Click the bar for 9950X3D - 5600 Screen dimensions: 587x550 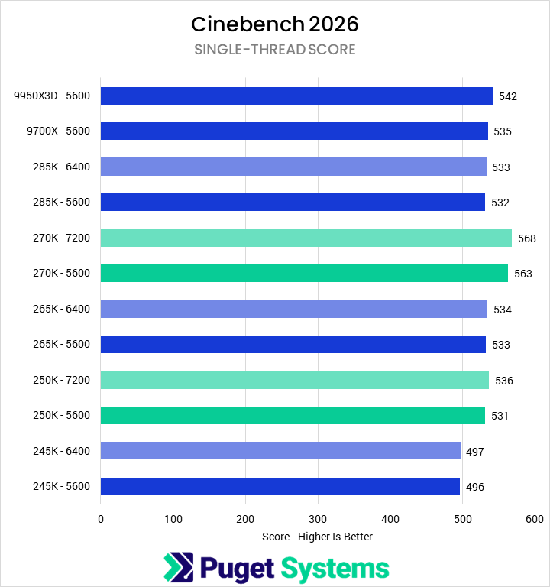tap(296, 96)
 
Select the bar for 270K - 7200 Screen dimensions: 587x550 tap(306, 238)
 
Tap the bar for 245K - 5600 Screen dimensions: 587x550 tap(280, 486)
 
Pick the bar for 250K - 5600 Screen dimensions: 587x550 tap(293, 415)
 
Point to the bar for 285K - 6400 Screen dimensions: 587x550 tap(293, 167)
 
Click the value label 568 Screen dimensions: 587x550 tap(526, 238)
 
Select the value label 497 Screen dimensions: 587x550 tap(474, 452)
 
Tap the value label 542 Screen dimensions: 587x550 tap(508, 96)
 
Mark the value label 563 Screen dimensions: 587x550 tap(523, 274)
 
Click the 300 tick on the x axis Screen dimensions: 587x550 tap(318, 519)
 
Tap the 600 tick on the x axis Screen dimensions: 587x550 tap(535, 519)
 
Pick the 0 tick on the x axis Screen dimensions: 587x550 tap(101, 519)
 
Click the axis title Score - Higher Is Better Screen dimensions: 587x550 tap(317, 537)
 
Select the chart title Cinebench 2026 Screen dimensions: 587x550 tap(274, 24)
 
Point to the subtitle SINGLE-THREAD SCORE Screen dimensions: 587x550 tap(274, 50)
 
